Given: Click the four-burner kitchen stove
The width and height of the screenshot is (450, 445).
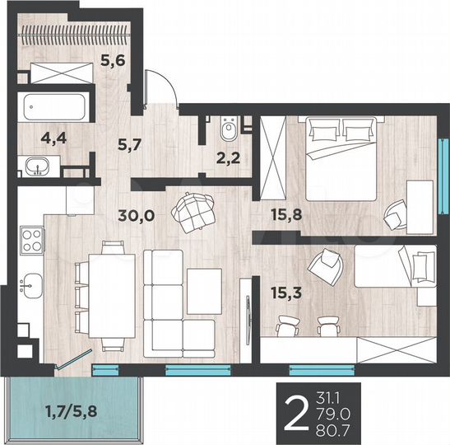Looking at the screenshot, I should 31,240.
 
